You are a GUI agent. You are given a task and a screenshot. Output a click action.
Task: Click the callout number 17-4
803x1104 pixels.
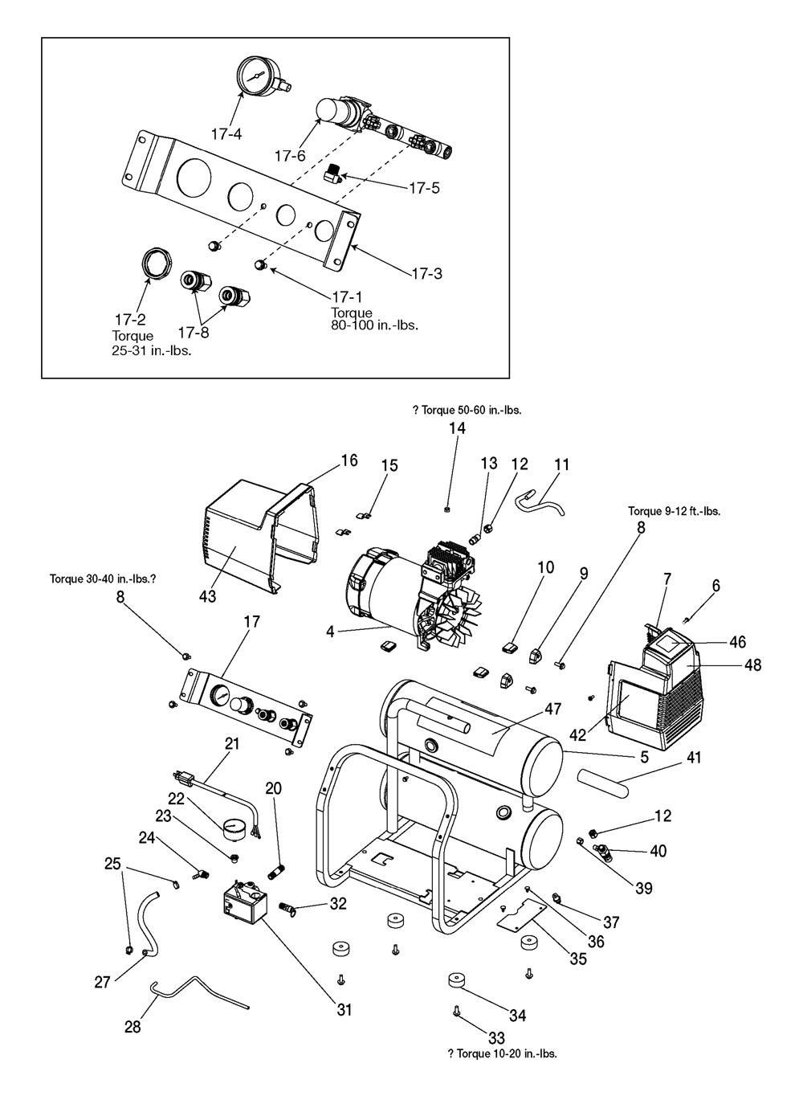(226, 133)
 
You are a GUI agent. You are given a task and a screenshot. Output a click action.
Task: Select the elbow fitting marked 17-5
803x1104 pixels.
(332, 175)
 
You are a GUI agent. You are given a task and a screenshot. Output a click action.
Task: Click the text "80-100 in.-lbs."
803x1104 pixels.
(374, 325)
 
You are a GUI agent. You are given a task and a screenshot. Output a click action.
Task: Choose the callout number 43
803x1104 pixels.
(207, 596)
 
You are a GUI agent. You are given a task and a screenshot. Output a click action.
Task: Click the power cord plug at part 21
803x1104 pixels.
(183, 778)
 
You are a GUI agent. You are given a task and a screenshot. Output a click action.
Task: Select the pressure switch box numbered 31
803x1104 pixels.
(244, 906)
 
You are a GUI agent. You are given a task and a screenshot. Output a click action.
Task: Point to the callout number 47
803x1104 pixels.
(552, 709)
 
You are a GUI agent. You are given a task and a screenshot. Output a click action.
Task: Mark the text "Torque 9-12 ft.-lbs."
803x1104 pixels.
(674, 511)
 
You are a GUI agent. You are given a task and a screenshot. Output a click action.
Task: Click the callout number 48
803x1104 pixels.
(752, 664)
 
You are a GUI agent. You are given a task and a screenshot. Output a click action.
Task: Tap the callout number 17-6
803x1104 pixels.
(290, 156)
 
